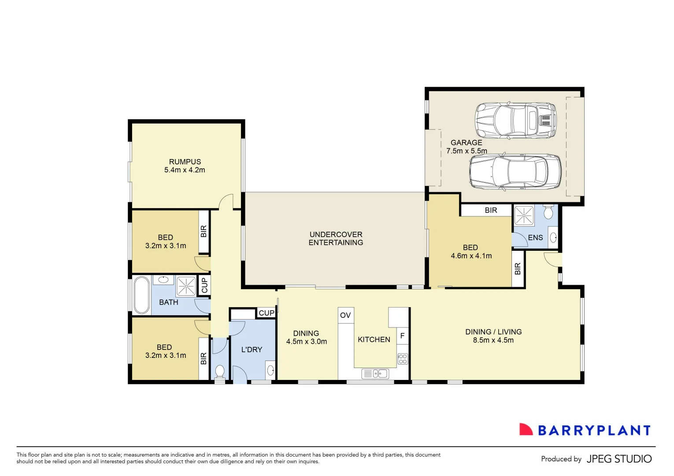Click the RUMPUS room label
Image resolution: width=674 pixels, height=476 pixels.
click(x=185, y=162)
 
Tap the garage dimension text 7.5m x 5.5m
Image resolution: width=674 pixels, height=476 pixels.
click(x=467, y=151)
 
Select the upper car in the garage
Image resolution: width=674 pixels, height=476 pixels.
click(x=515, y=121)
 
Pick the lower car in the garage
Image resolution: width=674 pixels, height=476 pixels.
click(x=515, y=172)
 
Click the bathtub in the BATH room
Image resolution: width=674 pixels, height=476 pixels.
click(x=142, y=295)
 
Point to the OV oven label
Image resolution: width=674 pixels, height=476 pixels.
click(x=345, y=315)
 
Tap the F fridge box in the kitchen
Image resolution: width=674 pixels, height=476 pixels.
click(x=402, y=336)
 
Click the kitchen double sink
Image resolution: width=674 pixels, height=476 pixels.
click(x=375, y=374)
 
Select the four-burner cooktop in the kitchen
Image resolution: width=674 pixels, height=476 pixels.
click(x=403, y=359)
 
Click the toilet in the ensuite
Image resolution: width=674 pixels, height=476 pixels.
click(x=548, y=212)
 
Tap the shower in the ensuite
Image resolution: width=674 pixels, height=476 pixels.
click(x=524, y=216)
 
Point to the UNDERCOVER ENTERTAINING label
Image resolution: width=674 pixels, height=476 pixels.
click(x=336, y=238)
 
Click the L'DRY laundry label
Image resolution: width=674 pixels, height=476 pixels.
click(x=252, y=350)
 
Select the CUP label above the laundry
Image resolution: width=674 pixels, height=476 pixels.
click(x=267, y=313)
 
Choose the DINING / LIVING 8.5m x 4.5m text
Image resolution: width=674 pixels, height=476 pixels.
click(x=493, y=336)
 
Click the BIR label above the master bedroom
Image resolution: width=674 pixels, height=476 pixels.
click(x=491, y=210)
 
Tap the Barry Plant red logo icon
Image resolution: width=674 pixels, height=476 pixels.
click(x=526, y=430)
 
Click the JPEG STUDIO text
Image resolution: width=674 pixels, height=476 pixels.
click(x=619, y=459)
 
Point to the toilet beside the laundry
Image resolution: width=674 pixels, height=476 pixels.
click(x=219, y=371)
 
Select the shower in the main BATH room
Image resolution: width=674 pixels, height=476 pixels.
click(x=186, y=286)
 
